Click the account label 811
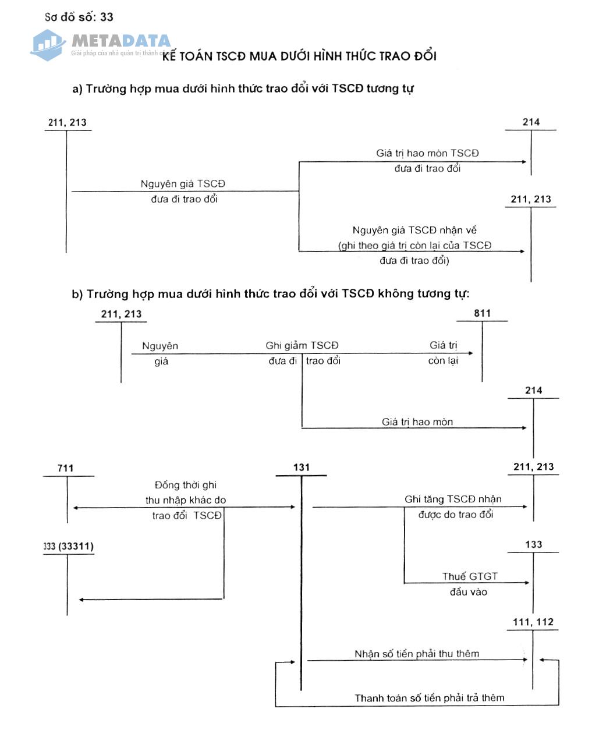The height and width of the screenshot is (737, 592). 482,313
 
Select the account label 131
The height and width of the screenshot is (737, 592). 302,467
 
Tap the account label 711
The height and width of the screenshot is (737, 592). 66,469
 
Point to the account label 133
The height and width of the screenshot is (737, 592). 533,545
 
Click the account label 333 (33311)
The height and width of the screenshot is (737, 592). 68,546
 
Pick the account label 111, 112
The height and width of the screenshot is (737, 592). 533,622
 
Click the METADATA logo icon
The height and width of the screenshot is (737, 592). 48,44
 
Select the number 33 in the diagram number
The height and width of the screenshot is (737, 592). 106,17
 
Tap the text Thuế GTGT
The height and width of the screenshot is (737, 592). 470,576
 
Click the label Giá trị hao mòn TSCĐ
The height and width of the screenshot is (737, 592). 427,153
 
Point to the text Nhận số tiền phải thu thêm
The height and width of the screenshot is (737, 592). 417,654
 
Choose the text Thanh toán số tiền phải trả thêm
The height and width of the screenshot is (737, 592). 430,697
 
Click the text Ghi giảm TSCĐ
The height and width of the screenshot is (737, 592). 302,345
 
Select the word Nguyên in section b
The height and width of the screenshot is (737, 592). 160,346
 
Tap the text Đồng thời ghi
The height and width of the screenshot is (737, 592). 186,485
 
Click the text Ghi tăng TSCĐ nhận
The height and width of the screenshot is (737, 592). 453,499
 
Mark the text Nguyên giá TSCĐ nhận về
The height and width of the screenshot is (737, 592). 414,231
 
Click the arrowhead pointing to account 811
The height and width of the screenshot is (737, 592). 470,353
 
